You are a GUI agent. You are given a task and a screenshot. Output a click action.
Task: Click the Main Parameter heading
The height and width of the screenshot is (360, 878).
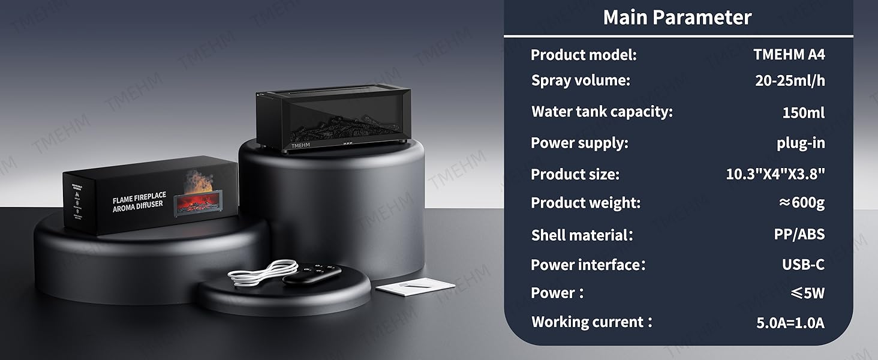click(x=677, y=17)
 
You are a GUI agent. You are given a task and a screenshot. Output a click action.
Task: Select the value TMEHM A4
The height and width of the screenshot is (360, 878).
click(x=789, y=55)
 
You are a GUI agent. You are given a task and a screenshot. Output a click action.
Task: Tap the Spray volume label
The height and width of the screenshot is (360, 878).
click(x=581, y=80)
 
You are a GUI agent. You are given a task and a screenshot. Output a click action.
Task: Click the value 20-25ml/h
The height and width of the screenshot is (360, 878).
click(x=790, y=81)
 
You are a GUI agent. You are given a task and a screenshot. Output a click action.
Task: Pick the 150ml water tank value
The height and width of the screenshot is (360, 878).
click(x=803, y=112)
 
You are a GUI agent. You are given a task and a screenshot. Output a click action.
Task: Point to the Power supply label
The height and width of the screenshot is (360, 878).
click(x=579, y=143)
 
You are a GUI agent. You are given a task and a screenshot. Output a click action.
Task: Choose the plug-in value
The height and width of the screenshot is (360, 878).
click(x=801, y=143)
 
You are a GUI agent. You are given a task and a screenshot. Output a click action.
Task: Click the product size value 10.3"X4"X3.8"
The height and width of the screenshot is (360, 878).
click(x=775, y=175)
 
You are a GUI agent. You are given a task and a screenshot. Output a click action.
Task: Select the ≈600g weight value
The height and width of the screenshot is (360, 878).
click(x=801, y=203)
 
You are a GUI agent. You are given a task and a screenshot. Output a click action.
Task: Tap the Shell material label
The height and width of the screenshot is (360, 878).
click(x=582, y=235)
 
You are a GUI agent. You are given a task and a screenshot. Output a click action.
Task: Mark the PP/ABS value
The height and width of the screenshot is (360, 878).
click(x=799, y=235)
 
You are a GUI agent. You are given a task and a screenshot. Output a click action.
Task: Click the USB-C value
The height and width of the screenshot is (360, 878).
click(x=803, y=265)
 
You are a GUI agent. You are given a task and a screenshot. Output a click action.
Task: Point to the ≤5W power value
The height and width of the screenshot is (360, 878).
click(x=807, y=293)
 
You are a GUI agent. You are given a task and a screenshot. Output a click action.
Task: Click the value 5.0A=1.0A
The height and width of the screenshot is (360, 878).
click(x=790, y=323)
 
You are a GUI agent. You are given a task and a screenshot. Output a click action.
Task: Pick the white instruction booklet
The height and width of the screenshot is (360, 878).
click(x=415, y=286)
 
